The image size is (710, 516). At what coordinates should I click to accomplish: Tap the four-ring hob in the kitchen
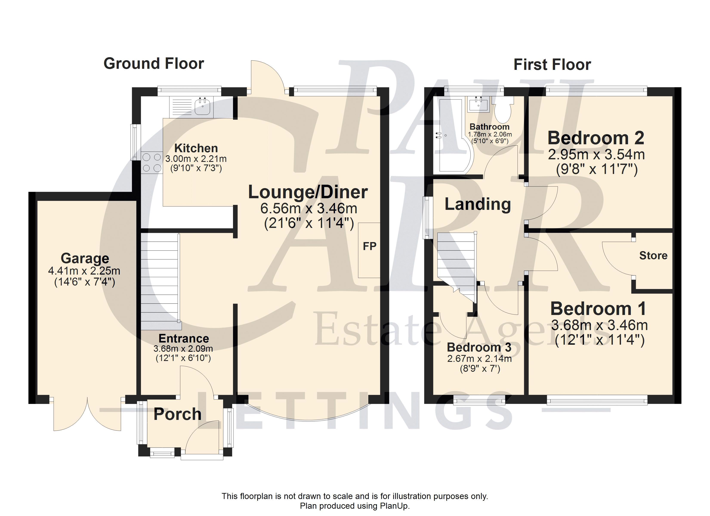pyautogui.click(x=152, y=162)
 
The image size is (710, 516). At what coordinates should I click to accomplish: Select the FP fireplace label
pyautogui.click(x=369, y=246)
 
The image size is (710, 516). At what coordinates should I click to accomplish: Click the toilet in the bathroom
pyautogui.click(x=503, y=109)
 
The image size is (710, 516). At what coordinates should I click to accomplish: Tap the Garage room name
pyautogui.click(x=85, y=258)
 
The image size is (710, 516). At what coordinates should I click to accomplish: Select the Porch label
pyautogui.click(x=177, y=414)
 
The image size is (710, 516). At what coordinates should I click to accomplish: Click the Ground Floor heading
pyautogui.click(x=154, y=63)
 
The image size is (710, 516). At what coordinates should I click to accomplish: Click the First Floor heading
pyautogui.click(x=552, y=65)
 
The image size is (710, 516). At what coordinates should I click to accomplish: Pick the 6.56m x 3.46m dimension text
pyautogui.click(x=309, y=208)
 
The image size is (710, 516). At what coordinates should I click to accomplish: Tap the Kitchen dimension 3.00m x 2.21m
pyautogui.click(x=196, y=159)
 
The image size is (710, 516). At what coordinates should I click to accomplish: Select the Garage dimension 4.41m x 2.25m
pyautogui.click(x=84, y=271)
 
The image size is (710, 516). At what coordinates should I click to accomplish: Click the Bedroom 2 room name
pyautogui.click(x=596, y=138)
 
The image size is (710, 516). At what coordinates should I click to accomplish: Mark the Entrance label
pyautogui.click(x=184, y=339)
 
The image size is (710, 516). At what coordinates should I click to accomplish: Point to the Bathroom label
pyautogui.click(x=490, y=127)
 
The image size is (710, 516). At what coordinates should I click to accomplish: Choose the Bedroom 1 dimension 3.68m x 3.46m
pyautogui.click(x=599, y=326)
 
